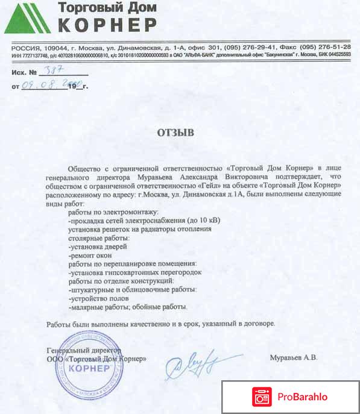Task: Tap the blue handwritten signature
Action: pos(192,362)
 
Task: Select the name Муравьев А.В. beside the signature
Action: pos(294,357)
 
